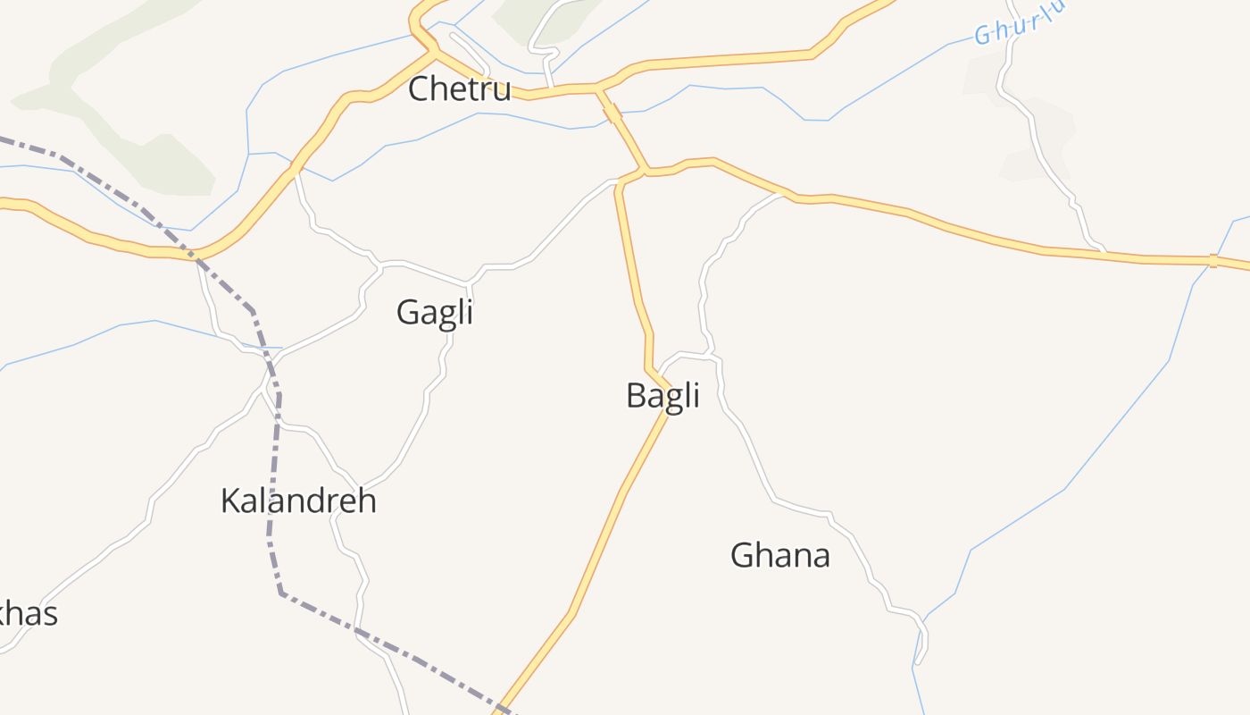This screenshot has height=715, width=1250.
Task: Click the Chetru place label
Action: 459,89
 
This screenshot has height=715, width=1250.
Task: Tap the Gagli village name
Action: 434,312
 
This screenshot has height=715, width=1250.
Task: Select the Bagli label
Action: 662,395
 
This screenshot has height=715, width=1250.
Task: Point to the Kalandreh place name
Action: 298,500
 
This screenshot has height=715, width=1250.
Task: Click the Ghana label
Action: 780,555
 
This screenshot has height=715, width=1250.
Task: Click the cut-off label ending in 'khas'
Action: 27,614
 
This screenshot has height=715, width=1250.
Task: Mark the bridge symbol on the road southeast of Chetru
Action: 612,113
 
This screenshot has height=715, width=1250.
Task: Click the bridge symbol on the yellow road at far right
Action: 1212,261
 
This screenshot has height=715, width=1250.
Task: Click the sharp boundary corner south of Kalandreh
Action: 281,593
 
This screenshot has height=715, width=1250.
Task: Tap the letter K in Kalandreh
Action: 230,500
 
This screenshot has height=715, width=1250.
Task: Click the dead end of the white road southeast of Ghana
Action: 918,662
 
